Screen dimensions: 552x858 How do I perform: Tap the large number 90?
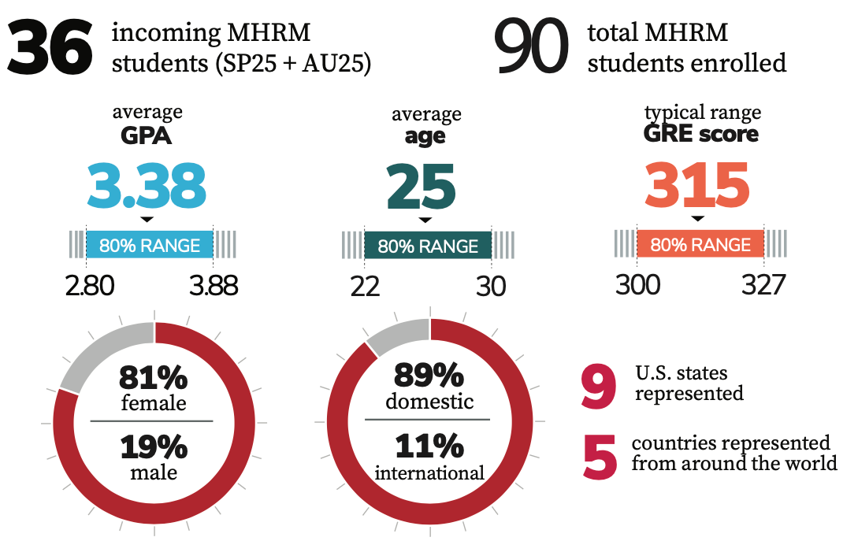(531, 49)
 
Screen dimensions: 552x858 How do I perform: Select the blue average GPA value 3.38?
(147, 186)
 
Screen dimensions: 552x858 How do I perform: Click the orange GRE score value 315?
(696, 186)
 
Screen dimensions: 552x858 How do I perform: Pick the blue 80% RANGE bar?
(149, 245)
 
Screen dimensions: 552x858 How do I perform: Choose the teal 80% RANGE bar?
(428, 246)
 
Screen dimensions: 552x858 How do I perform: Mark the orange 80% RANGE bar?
(700, 245)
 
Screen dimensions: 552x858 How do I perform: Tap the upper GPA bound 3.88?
(213, 285)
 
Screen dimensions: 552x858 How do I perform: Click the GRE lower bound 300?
(637, 284)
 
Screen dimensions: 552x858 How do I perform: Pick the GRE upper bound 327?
(763, 284)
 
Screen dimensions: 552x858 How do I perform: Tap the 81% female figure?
(153, 379)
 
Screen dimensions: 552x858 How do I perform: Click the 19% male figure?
(153, 447)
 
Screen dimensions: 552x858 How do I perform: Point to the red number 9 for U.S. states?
(599, 385)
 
